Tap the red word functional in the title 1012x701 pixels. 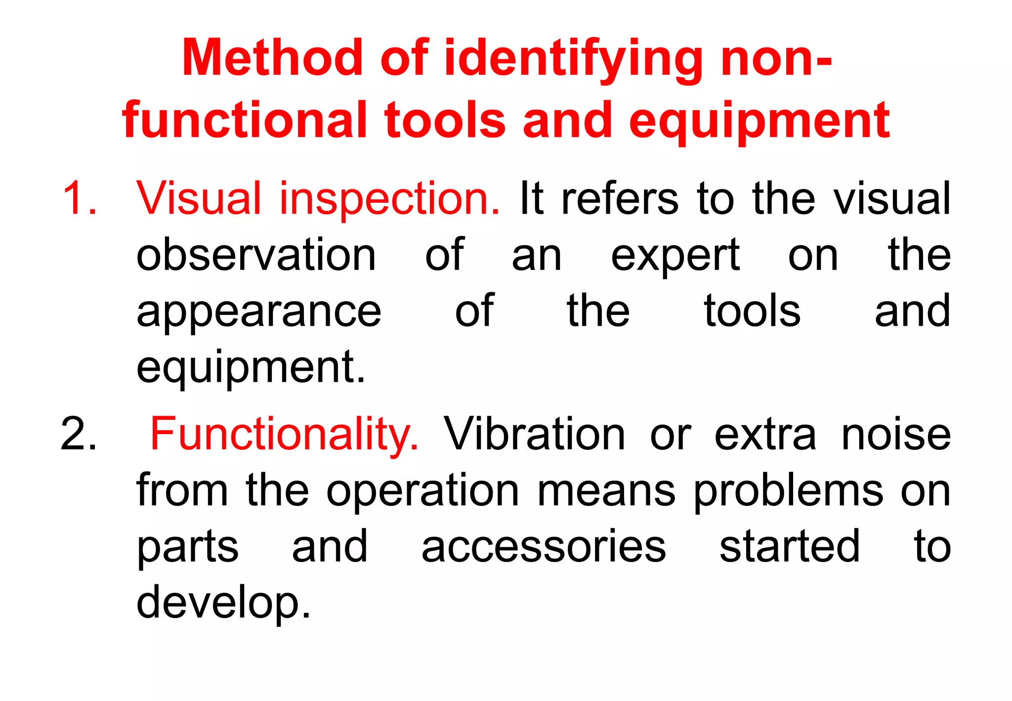pyautogui.click(x=245, y=120)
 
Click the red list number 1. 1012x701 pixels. pyautogui.click(x=80, y=198)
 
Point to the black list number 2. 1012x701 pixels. pyautogui.click(x=79, y=434)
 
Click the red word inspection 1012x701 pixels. pyautogui.click(x=390, y=199)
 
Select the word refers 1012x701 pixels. pyautogui.click(x=620, y=198)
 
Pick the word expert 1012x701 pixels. pyautogui.click(x=675, y=256)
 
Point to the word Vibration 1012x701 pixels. pyautogui.click(x=535, y=434)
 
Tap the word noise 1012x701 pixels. pyautogui.click(x=896, y=435)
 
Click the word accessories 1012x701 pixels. pyautogui.click(x=544, y=546)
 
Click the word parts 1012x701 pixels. pyautogui.click(x=187, y=547)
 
